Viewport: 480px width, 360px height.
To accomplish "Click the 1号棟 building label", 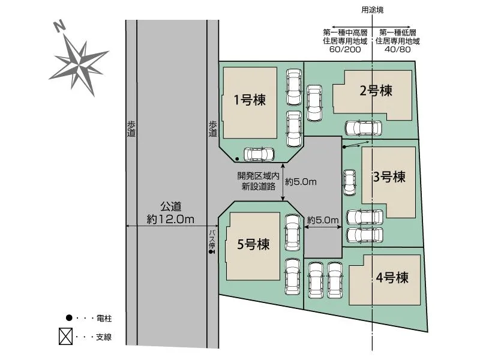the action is [x=250, y=100].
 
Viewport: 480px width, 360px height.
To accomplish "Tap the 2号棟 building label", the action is [x=376, y=91].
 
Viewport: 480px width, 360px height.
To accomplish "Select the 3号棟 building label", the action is [x=389, y=177].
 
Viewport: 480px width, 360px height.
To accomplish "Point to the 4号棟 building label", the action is [x=392, y=278].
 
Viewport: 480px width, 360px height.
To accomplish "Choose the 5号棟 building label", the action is [x=253, y=244].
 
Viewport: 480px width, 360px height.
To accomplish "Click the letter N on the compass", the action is [x=59, y=26].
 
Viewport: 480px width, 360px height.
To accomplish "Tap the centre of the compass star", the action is [x=80, y=65].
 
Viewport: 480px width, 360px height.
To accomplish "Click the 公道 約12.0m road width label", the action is [x=170, y=213].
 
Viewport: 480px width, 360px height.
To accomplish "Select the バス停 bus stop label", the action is [x=212, y=239].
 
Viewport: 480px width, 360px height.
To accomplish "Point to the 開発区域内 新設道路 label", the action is [x=259, y=181].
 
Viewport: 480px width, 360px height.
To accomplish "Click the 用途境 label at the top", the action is [x=372, y=10].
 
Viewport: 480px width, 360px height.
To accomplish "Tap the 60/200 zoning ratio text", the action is [x=345, y=50].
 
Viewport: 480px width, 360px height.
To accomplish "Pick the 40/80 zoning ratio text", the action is [x=397, y=50].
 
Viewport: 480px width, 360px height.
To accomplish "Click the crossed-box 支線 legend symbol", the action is [x=65, y=336].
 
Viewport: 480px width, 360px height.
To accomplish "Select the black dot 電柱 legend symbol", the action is [x=69, y=318].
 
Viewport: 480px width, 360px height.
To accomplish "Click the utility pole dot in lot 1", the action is [x=237, y=159].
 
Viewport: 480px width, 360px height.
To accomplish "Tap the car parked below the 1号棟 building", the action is [x=259, y=154].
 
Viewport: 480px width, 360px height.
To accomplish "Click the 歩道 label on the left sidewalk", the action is [x=131, y=128].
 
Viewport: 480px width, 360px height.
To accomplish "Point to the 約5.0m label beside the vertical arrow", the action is [x=301, y=182].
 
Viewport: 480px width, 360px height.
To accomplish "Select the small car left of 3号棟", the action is [x=349, y=182].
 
